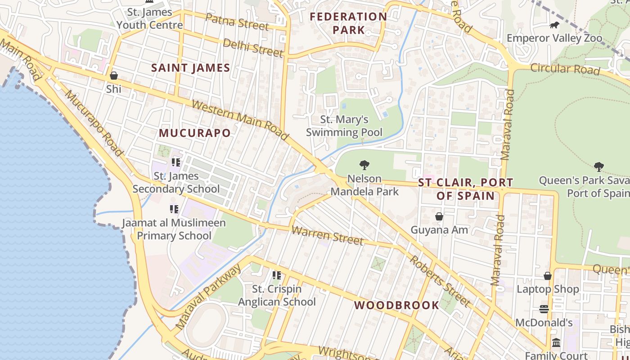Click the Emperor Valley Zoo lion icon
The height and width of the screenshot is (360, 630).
point(554,25)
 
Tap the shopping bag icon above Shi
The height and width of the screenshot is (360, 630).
point(114,76)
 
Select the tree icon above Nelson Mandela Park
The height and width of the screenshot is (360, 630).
point(364,165)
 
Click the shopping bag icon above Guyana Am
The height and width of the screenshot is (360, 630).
point(439,217)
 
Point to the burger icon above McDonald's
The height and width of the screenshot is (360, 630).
point(544,309)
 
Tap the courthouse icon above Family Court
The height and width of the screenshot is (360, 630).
point(556,343)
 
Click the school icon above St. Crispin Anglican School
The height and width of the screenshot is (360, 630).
point(276,275)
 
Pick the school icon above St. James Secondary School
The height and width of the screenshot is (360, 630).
point(175,162)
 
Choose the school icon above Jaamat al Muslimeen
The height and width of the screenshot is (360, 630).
point(174,209)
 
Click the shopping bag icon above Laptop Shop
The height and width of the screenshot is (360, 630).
point(548,276)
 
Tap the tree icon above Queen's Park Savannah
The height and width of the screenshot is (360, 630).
point(598,167)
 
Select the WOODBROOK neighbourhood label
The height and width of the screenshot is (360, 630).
point(396,305)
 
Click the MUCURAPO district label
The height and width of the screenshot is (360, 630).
point(195,133)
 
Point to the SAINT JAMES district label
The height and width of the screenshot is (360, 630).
point(191,68)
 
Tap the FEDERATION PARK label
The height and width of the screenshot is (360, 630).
point(348,23)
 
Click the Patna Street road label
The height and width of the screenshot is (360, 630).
point(237,22)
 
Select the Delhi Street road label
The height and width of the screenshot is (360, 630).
point(253,48)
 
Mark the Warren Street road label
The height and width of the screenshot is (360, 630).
point(327,236)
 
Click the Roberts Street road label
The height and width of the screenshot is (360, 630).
point(440,281)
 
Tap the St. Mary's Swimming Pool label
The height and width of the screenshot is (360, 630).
point(344,126)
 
